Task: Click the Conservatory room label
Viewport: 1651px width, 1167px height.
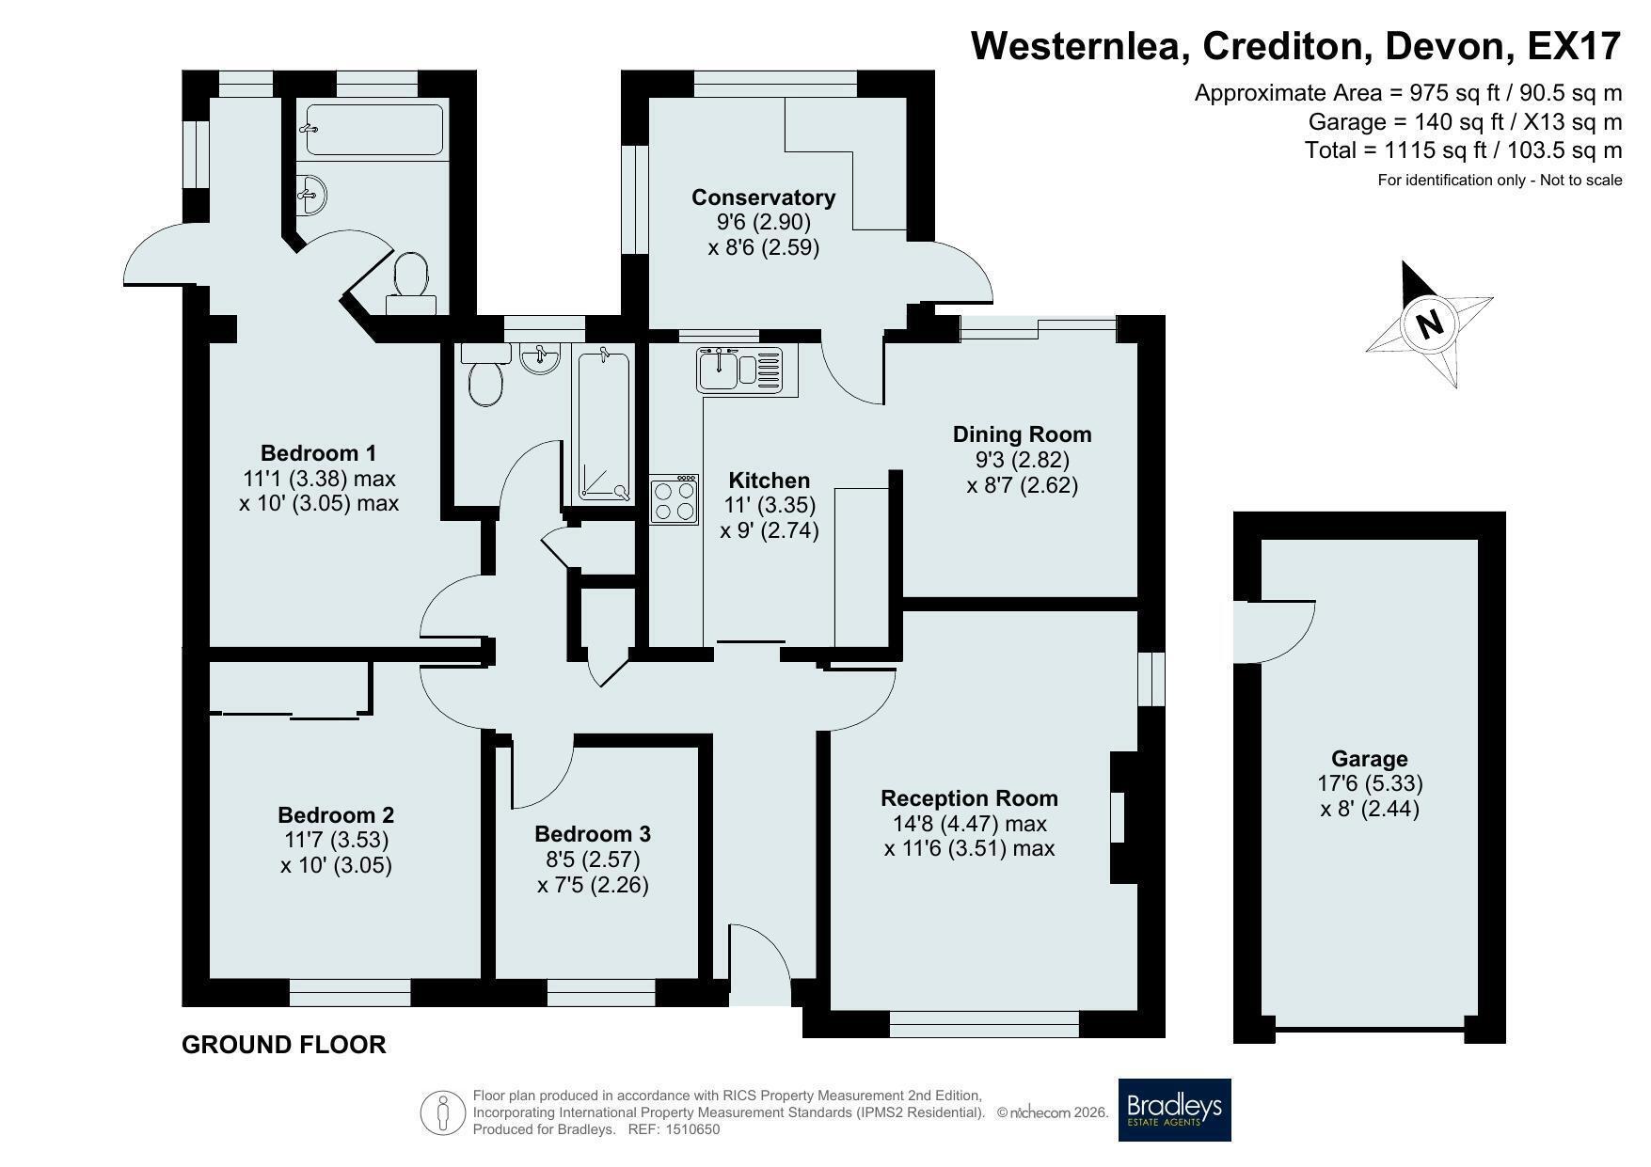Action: tap(763, 197)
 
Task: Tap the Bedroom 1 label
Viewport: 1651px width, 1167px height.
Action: tap(318, 453)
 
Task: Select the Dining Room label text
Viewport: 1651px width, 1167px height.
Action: tap(1022, 434)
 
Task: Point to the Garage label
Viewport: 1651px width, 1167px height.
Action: tap(1369, 759)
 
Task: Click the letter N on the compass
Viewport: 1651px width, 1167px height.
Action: tap(1429, 323)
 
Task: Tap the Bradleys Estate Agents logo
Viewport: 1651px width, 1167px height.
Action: tap(1174, 1110)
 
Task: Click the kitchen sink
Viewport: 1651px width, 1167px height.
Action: tap(739, 368)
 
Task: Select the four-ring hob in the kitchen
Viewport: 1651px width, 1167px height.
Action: tap(675, 498)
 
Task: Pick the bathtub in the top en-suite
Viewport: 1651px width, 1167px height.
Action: tap(374, 129)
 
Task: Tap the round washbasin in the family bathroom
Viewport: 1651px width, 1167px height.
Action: tap(540, 358)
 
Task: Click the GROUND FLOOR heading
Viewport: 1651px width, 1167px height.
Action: tap(283, 1045)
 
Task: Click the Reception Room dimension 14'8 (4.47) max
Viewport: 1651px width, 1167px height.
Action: tap(969, 824)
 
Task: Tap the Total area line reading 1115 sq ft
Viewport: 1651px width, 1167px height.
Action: tap(1463, 150)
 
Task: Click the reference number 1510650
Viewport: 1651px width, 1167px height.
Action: tap(691, 1129)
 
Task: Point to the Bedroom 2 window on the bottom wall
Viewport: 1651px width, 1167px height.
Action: tap(349, 993)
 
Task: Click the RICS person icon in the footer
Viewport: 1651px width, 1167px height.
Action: tap(443, 1112)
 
